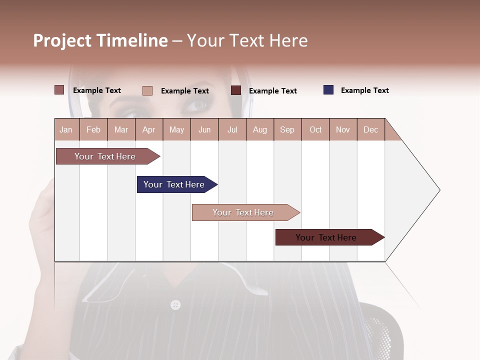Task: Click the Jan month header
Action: click(66, 129)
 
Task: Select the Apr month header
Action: click(149, 129)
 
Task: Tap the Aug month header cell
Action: click(259, 129)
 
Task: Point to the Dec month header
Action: click(370, 129)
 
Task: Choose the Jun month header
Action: click(204, 129)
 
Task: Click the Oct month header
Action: click(315, 129)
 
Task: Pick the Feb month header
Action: click(93, 129)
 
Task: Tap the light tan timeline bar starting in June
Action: click(244, 212)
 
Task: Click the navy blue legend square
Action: click(328, 90)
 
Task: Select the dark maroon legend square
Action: click(236, 90)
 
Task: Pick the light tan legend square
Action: click(147, 90)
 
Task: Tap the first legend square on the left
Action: click(59, 90)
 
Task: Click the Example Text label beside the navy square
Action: click(364, 90)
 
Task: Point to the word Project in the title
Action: click(63, 40)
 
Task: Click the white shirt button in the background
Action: click(175, 304)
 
